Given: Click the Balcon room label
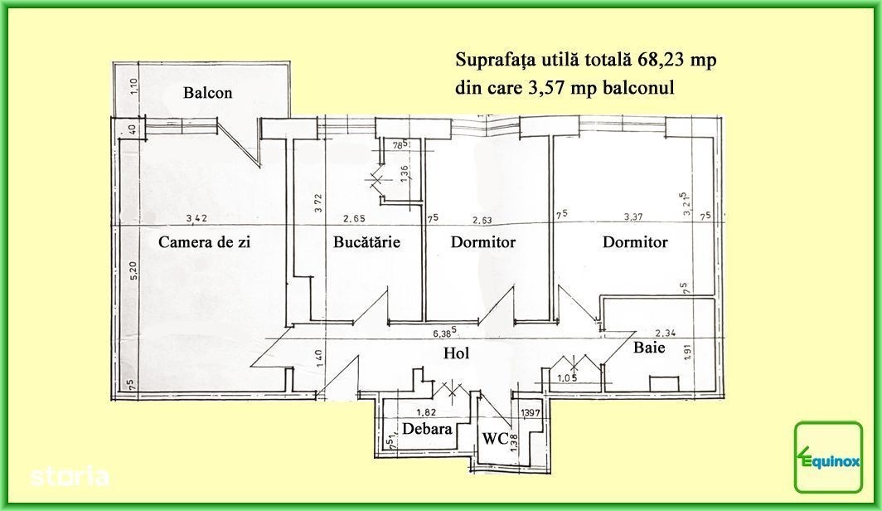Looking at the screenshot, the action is (x=207, y=93).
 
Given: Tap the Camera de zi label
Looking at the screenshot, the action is (x=204, y=242).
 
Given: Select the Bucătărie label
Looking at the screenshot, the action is (x=366, y=241).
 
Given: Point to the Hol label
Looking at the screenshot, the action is (x=456, y=353).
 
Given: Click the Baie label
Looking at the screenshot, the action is (x=649, y=348).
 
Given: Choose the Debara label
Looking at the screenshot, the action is (x=427, y=429).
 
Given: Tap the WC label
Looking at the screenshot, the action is (x=496, y=438).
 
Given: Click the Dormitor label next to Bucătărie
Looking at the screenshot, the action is (x=483, y=242).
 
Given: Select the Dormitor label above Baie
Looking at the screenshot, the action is (x=635, y=242).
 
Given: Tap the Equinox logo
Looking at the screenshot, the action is (x=829, y=457).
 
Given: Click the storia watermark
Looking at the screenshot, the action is (x=70, y=477).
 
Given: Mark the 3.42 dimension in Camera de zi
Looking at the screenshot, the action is (x=196, y=218).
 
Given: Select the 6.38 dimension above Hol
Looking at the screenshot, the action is (x=444, y=333).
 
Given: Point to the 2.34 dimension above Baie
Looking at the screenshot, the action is (x=666, y=333).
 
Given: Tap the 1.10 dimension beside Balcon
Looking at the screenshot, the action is (x=133, y=86).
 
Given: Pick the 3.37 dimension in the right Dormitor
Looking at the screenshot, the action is (x=633, y=217).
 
